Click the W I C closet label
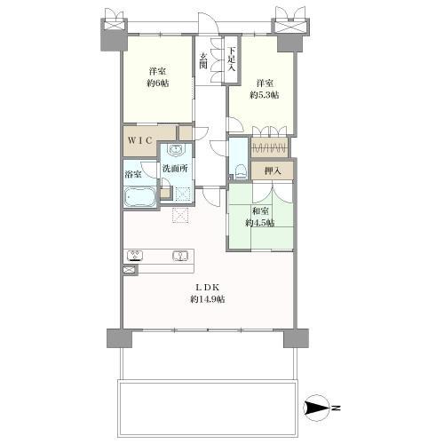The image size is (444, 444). [x=140, y=140]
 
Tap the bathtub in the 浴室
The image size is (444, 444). [x=139, y=197]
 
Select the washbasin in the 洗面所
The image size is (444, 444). [x=176, y=150]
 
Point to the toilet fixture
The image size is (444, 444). [x=241, y=171]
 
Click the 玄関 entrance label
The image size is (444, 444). [x=202, y=60]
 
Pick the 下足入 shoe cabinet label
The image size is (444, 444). [x=231, y=59]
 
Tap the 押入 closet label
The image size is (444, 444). [x=273, y=170]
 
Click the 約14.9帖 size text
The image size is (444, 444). [x=207, y=299]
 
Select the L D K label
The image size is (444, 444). [x=207, y=287]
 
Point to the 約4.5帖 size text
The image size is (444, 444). [x=259, y=223]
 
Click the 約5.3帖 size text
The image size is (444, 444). [x=265, y=95]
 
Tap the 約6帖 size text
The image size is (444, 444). [x=157, y=83]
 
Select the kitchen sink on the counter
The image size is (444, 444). [x=180, y=256]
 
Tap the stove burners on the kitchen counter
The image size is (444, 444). [x=135, y=256]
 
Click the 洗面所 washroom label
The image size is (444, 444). [x=175, y=169]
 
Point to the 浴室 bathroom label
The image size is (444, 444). [x=133, y=174]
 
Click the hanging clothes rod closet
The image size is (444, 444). [x=269, y=147]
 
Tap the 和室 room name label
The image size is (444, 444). [x=260, y=211]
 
